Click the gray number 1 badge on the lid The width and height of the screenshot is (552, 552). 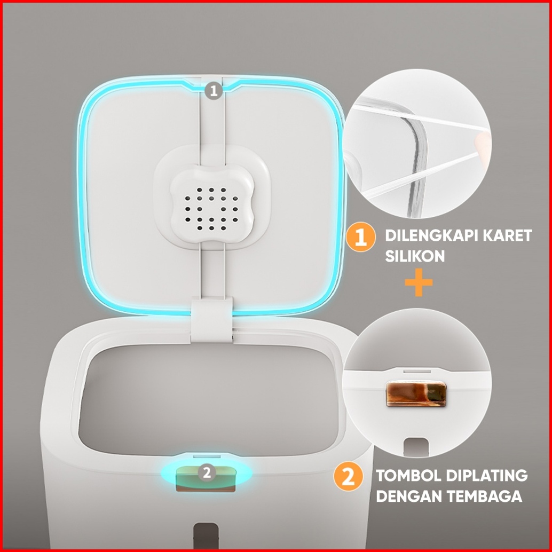pyautogui.click(x=214, y=91)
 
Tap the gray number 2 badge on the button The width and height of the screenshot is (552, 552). pyautogui.click(x=207, y=472)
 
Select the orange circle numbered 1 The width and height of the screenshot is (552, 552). pyautogui.click(x=360, y=236)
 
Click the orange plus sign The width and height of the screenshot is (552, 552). pyautogui.click(x=419, y=282)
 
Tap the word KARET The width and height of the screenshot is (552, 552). pyautogui.click(x=507, y=235)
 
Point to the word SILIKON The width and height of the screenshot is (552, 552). pyautogui.click(x=415, y=256)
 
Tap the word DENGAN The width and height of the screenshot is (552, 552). pyautogui.click(x=409, y=496)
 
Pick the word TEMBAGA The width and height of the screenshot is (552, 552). pyautogui.click(x=485, y=496)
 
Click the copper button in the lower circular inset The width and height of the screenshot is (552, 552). pyautogui.click(x=416, y=394)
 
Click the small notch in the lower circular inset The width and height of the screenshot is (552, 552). pyautogui.click(x=416, y=446)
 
